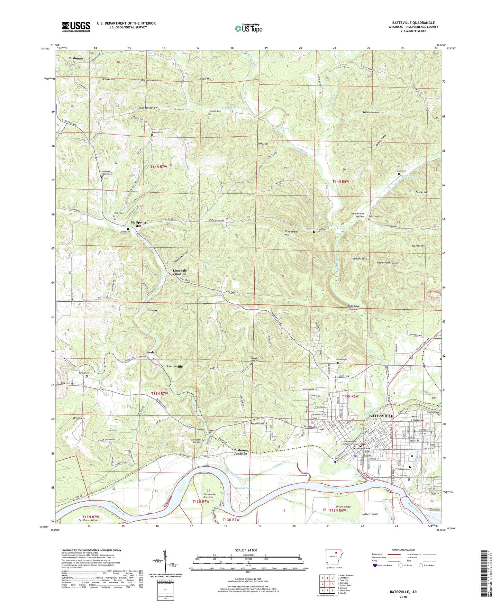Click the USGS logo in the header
click(x=76, y=27)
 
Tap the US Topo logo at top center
click(x=248, y=28)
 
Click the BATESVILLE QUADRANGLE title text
click(x=413, y=23)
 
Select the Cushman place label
click(x=76, y=58)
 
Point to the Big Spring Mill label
click(x=138, y=224)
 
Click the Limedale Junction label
click(x=180, y=272)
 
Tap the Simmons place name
click(x=151, y=310)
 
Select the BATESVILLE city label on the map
click(x=381, y=415)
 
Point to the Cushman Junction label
click(x=240, y=452)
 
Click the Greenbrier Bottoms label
click(x=210, y=496)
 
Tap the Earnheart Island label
click(x=89, y=520)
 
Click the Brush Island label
click(x=343, y=506)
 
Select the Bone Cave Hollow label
click(x=357, y=308)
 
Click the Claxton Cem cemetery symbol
click(x=209, y=114)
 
